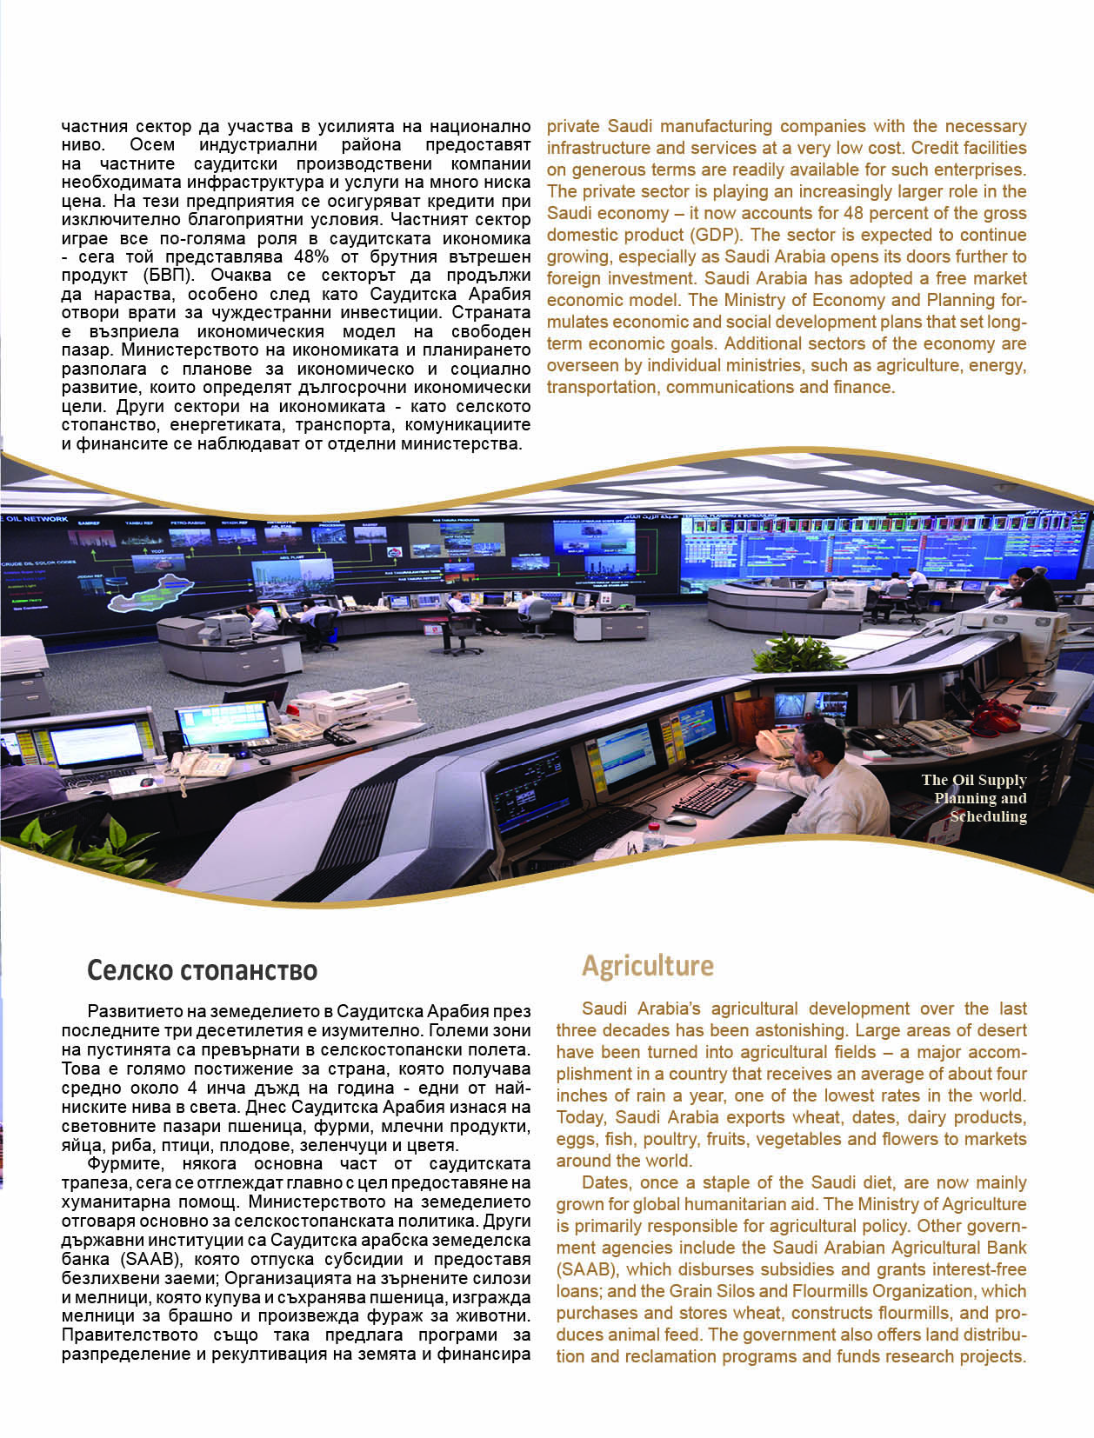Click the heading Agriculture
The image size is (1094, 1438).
647,966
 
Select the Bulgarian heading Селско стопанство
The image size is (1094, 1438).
202,970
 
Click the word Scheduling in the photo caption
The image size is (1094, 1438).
988,816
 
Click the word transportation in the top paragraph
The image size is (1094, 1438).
602,387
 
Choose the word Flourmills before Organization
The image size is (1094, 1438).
817,1291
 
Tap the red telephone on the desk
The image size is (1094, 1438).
995,719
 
